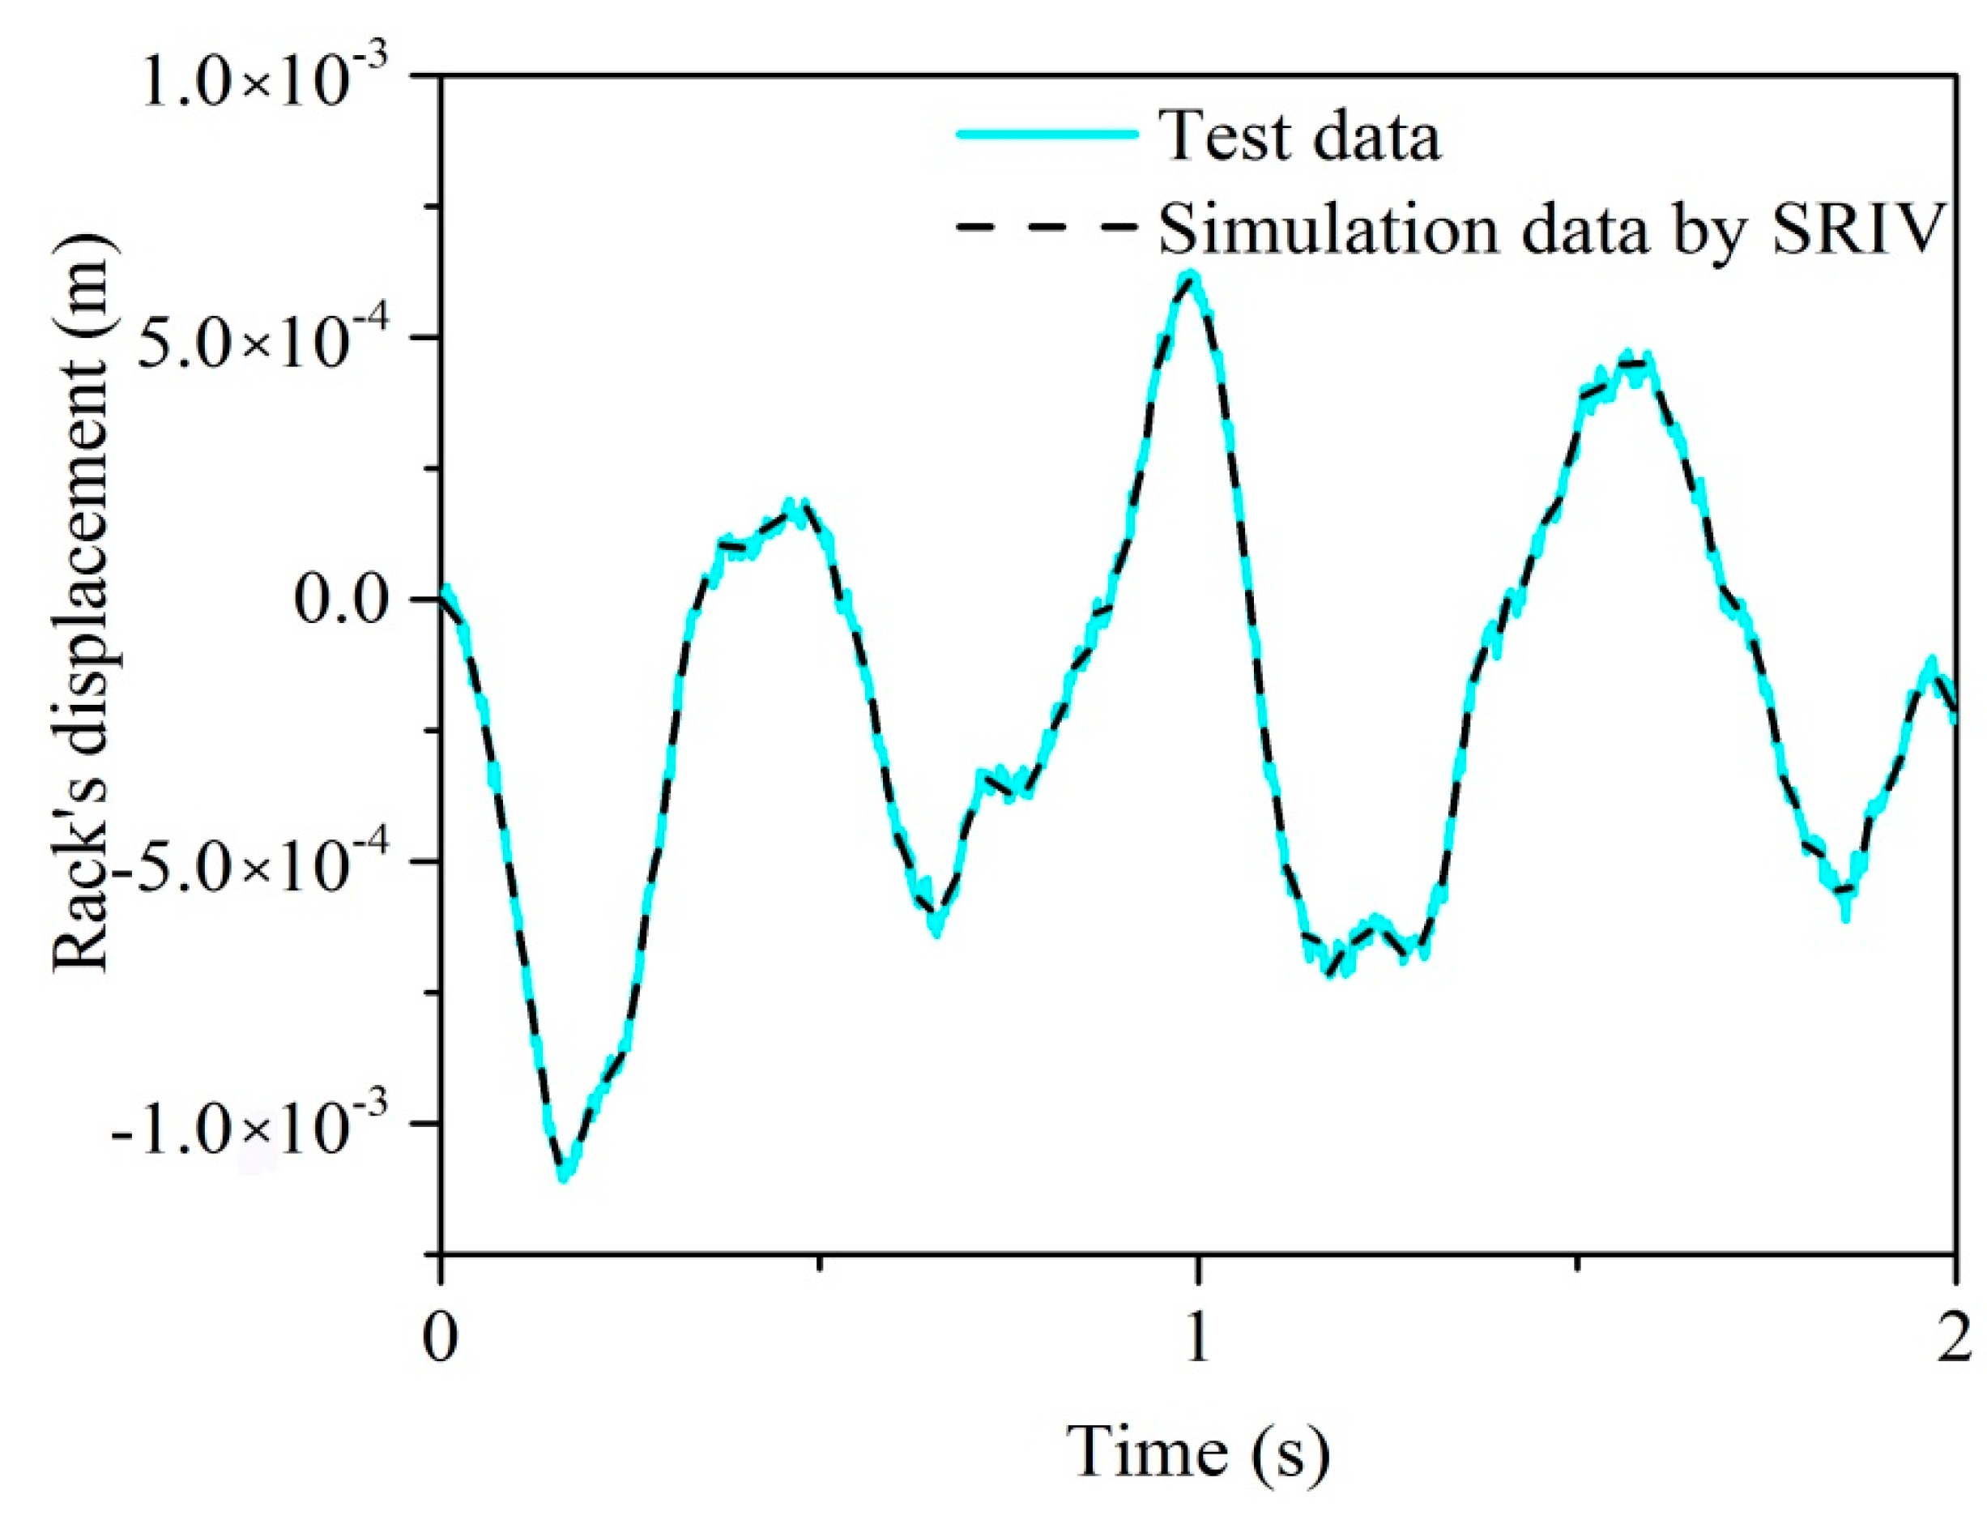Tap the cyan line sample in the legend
click(x=1047, y=134)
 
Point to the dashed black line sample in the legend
click(x=1047, y=226)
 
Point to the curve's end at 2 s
click(x=1954, y=715)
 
